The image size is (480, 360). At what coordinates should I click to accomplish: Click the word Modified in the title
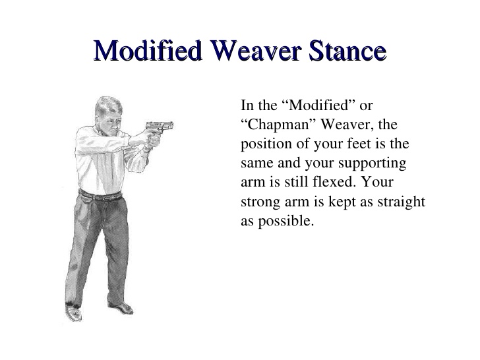point(148,50)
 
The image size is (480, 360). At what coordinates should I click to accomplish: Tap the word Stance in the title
point(347,50)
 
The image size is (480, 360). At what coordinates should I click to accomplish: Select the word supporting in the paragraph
point(373,164)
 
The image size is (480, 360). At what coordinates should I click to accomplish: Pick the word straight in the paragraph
point(401,202)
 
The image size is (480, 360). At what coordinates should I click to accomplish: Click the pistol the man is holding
point(159,128)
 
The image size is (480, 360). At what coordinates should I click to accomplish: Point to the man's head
point(109,114)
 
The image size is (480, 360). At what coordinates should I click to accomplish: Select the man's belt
point(100,196)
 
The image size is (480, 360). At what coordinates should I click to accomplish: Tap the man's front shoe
point(122,307)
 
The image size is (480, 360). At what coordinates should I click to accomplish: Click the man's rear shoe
point(73,312)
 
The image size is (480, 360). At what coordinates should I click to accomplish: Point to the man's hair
point(107,105)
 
